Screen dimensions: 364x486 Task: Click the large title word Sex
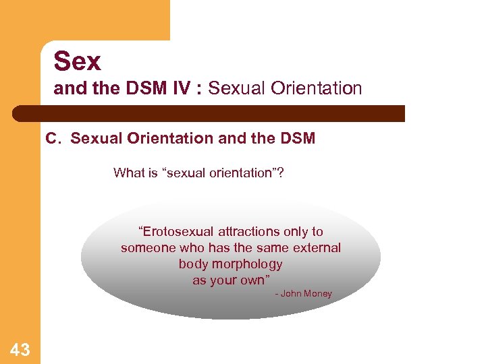[x=77, y=61]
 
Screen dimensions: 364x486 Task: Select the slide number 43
[x=20, y=349]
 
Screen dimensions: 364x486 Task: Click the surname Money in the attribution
[x=318, y=294]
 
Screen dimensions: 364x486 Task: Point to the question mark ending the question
[x=280, y=173]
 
